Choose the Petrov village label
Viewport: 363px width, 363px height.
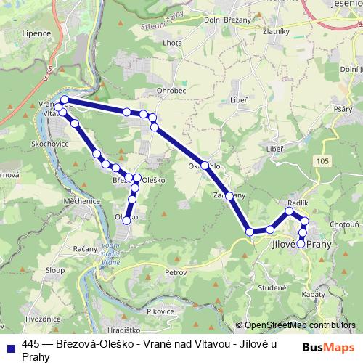point(176,272)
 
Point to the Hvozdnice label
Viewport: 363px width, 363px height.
point(42,318)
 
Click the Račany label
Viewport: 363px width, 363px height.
point(86,248)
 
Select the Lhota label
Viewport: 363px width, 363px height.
point(173,62)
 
